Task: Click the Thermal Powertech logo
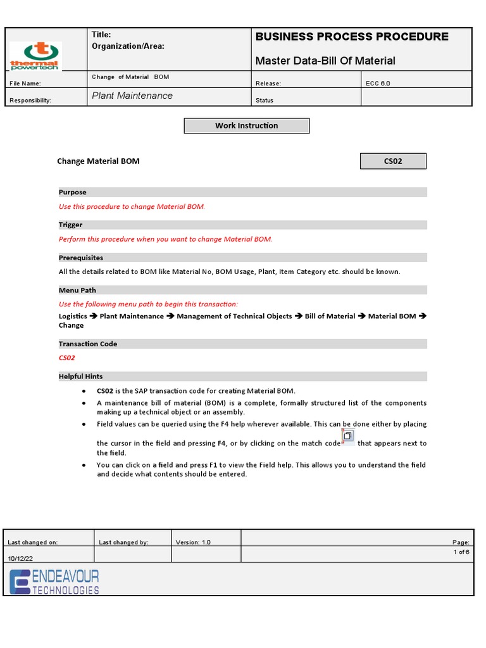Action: pos(35,56)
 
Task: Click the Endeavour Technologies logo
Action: pos(54,581)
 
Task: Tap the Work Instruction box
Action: pos(246,126)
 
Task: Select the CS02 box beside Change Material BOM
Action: pos(393,161)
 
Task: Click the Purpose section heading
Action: pos(73,192)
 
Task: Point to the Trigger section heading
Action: pos(71,225)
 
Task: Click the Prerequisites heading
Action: pos(81,258)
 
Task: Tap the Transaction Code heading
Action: pos(88,344)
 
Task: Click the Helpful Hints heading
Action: pos(81,377)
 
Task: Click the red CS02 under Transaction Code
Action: pos(67,358)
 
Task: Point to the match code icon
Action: pos(347,437)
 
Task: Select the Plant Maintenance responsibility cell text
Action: pos(132,96)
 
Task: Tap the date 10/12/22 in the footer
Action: pos(20,558)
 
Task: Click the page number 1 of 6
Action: pos(461,552)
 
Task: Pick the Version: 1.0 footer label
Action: pos(193,542)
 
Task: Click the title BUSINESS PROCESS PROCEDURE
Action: pos(352,37)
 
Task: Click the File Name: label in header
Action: pos(26,84)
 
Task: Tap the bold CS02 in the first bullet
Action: pos(104,391)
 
